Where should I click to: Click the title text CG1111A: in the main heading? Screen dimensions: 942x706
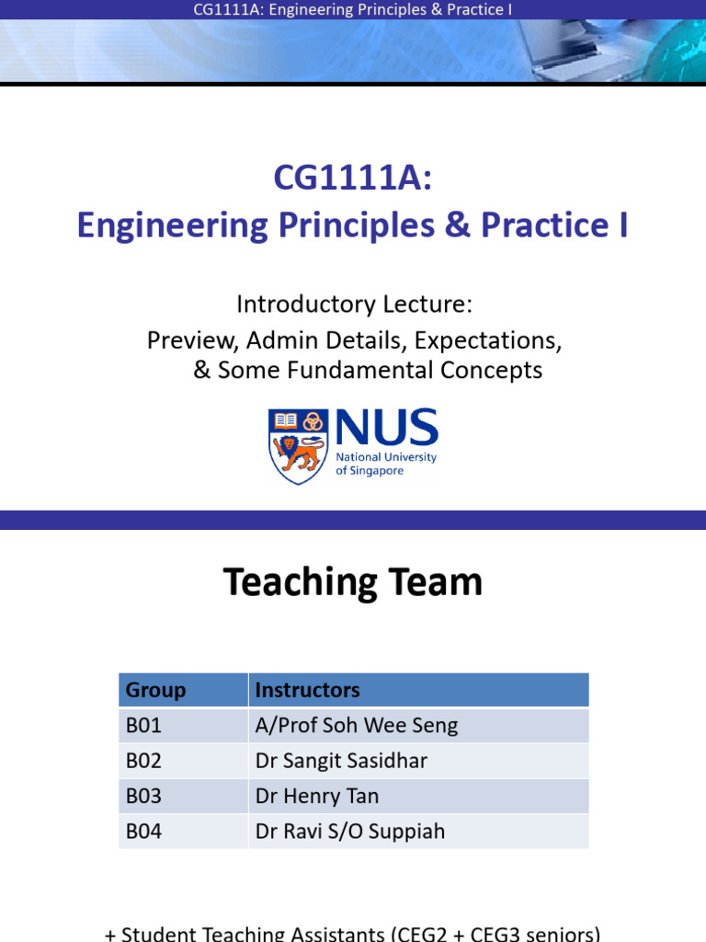coord(353,178)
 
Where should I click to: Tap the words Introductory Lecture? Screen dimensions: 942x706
coord(354,304)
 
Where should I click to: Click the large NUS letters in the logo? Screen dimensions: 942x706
coord(386,430)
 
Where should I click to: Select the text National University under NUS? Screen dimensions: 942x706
coord(386,457)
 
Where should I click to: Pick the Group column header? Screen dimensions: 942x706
coord(156,690)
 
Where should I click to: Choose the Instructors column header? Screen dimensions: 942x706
coord(307,690)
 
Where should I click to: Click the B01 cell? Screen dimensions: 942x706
coord(144,726)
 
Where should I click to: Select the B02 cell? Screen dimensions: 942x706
coord(144,761)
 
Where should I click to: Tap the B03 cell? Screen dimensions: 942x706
coord(144,796)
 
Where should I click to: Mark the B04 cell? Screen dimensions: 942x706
coord(144,832)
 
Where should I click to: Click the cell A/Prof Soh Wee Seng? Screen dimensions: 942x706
coord(357,726)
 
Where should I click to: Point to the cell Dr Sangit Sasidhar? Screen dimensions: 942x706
coord(341,761)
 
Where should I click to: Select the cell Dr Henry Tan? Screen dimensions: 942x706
coord(317,796)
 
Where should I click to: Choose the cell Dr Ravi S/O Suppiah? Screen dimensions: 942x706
coord(349,832)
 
